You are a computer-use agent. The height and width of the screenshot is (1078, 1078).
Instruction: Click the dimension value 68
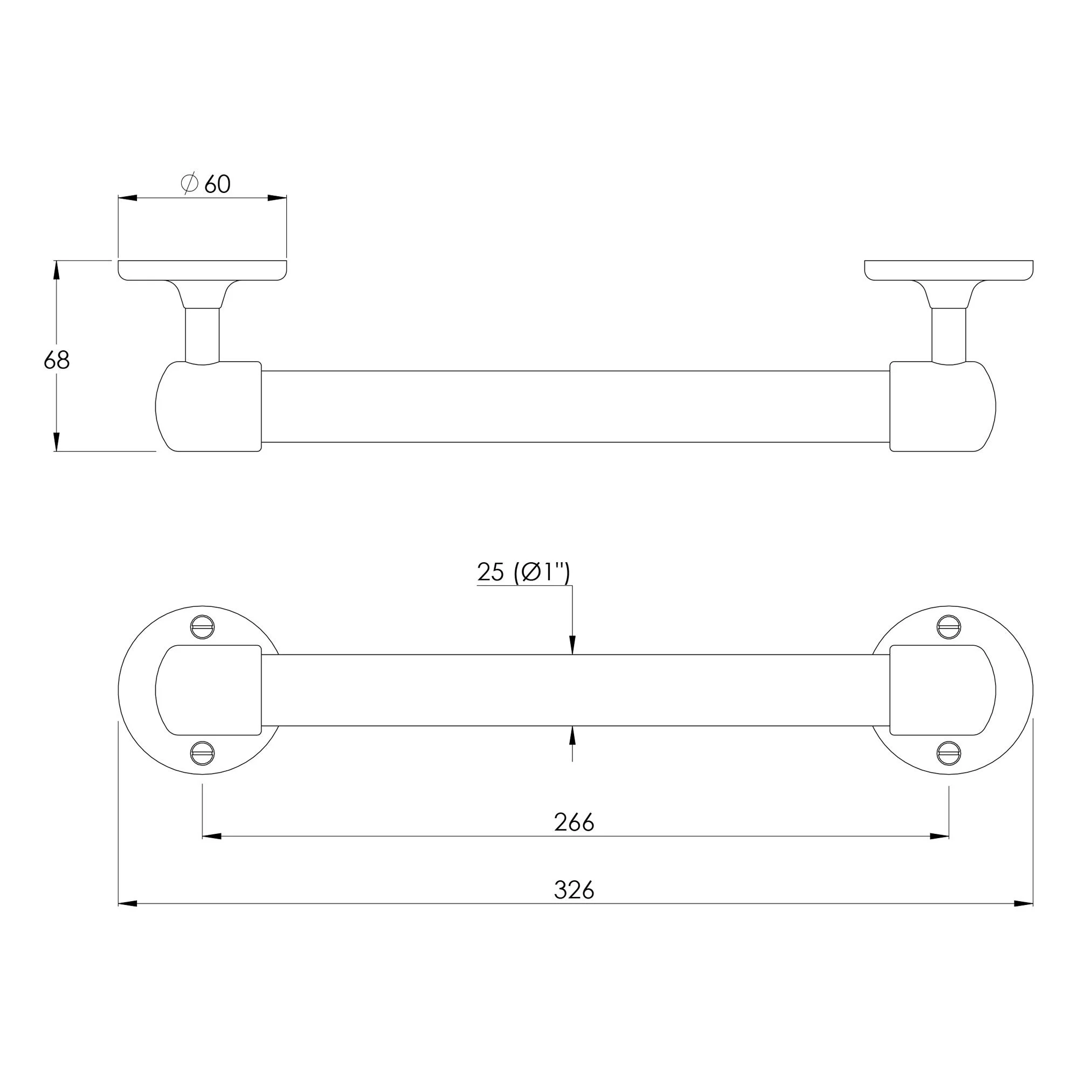coord(57,361)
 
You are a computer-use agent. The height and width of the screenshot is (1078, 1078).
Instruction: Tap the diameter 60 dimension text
coord(206,184)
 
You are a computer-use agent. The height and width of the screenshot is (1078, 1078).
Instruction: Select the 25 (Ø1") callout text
coord(523,572)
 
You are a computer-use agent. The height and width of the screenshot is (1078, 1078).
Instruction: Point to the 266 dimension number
coord(574,823)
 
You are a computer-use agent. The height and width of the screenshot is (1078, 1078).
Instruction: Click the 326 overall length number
coord(574,890)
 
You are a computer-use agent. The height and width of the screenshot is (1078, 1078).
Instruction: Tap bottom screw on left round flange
coord(203,754)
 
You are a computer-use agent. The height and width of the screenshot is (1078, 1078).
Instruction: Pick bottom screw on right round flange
coord(949,754)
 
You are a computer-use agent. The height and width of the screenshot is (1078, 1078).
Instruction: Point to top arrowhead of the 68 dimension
coord(57,271)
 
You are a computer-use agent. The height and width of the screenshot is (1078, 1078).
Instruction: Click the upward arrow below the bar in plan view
coord(572,736)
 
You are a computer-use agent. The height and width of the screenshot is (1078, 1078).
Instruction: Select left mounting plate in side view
coord(203,270)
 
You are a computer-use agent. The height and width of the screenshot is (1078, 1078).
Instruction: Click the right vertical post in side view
coord(949,335)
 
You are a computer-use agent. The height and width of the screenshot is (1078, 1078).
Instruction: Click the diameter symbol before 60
coord(190,184)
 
